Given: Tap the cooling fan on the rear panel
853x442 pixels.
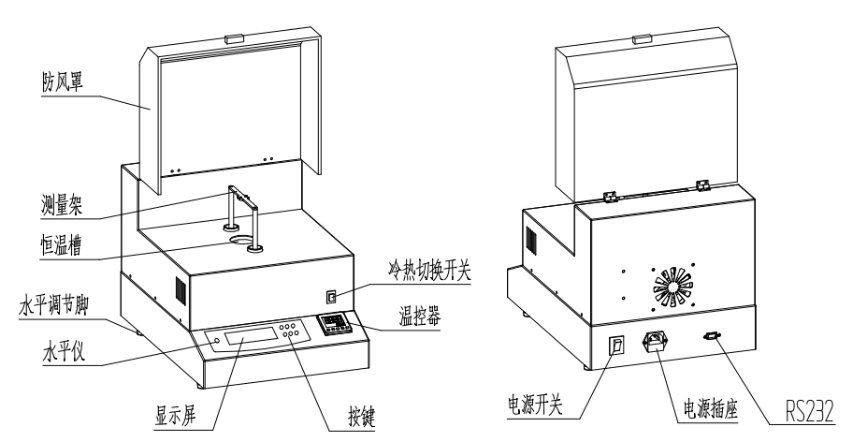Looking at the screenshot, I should click(x=671, y=287).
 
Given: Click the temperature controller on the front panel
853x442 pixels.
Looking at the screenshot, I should click(x=331, y=324).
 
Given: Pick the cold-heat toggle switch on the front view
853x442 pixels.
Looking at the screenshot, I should click(x=329, y=297).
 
